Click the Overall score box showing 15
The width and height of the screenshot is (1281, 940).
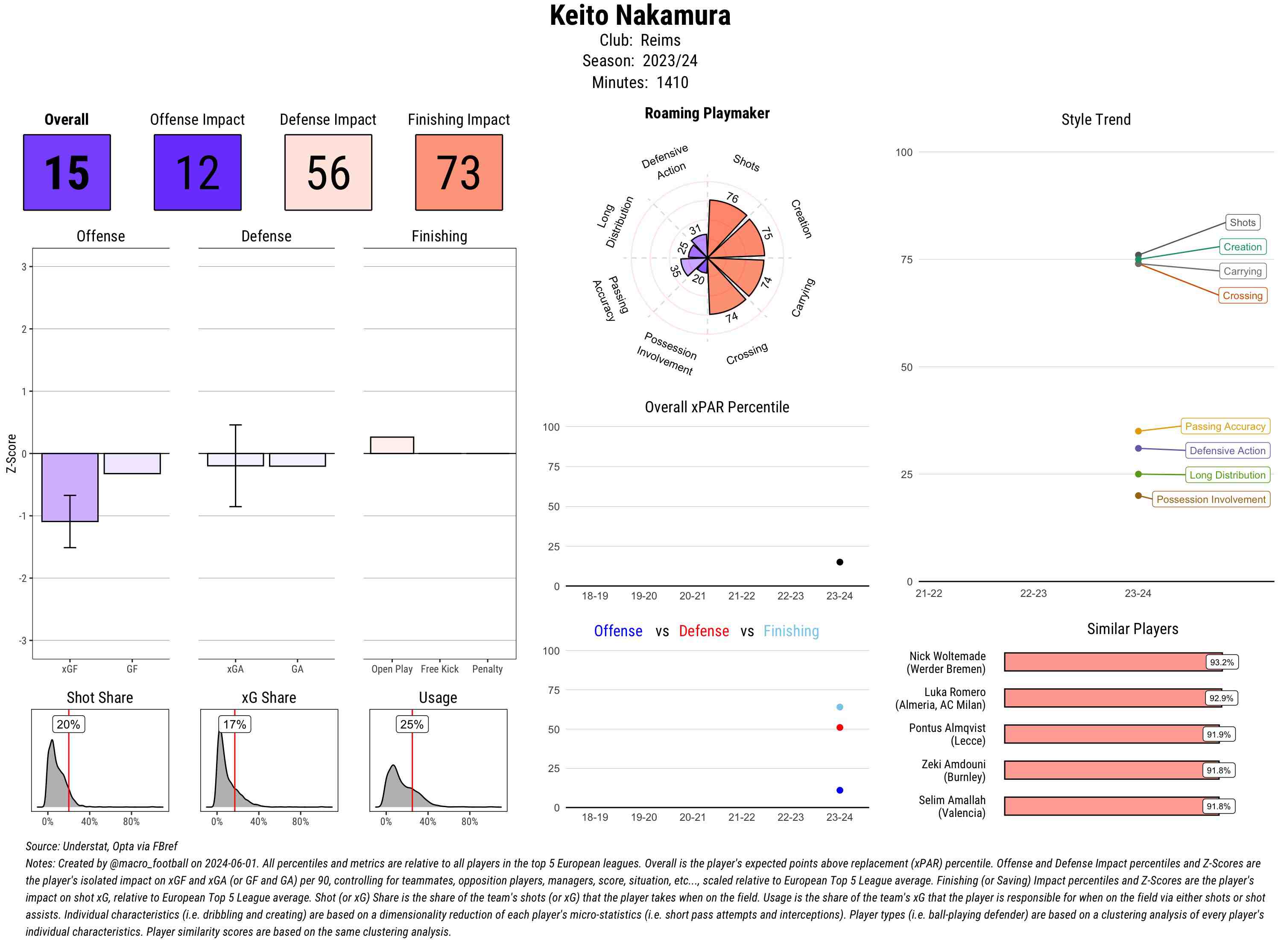click(67, 173)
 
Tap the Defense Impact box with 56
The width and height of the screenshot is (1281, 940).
click(328, 173)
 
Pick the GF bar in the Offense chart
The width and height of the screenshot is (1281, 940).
click(132, 463)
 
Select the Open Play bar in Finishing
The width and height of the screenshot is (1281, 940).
click(392, 445)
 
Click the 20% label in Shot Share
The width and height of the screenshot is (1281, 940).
click(68, 724)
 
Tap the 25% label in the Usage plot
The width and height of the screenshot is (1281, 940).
click(411, 724)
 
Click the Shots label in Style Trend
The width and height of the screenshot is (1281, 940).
click(1242, 223)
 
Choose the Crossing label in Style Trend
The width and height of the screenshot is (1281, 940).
click(1242, 295)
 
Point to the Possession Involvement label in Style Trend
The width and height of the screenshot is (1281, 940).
click(1211, 499)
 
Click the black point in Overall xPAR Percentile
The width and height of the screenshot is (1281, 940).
click(839, 562)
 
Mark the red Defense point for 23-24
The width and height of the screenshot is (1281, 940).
click(839, 727)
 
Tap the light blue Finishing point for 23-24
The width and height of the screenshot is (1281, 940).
click(839, 707)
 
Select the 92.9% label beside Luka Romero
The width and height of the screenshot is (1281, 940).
click(1221, 698)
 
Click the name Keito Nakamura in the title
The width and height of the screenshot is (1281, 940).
click(640, 16)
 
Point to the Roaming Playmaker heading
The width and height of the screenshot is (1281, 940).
click(707, 113)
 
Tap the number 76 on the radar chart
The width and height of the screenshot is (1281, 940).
click(732, 198)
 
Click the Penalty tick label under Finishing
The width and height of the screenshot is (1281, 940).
click(487, 669)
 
